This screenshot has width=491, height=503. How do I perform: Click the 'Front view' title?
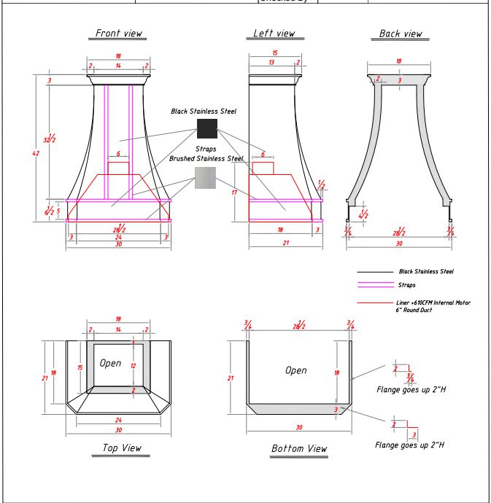pos(120,34)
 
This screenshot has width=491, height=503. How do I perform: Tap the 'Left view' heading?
pos(274,34)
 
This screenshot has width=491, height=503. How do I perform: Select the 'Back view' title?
pos(401,34)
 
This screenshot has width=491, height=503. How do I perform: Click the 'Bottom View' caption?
pos(299,448)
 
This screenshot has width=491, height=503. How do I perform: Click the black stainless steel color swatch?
pos(207,129)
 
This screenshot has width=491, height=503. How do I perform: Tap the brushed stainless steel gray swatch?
pos(207,177)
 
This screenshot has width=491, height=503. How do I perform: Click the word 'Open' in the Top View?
pos(110,363)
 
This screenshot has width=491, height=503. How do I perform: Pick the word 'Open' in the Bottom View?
pos(295,370)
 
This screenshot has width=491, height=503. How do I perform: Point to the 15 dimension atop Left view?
pos(274,53)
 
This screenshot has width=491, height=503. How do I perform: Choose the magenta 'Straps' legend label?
pos(406,285)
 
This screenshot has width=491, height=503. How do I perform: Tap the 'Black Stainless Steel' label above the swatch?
pos(204,112)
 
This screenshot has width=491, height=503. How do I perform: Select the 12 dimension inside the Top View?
pos(133,365)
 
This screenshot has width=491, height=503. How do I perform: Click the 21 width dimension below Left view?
pos(285,243)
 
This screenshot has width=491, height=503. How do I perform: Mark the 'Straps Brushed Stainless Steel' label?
pos(206,154)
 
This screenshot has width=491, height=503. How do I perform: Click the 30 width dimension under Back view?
pos(398,243)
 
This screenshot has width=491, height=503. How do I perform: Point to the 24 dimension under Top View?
pos(119,420)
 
